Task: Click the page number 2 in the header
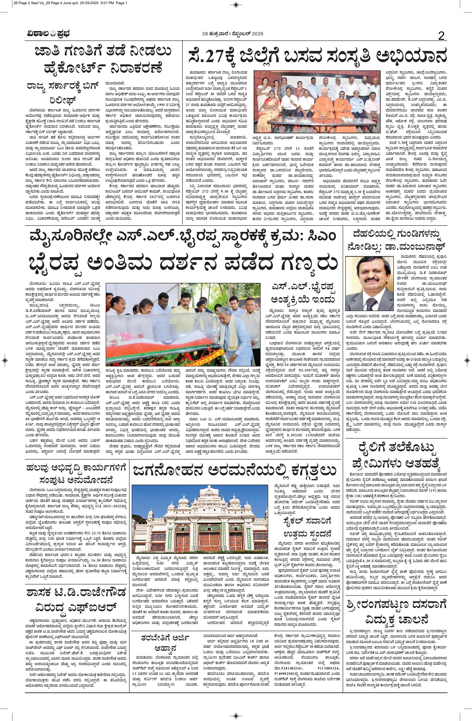coord(441,36)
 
